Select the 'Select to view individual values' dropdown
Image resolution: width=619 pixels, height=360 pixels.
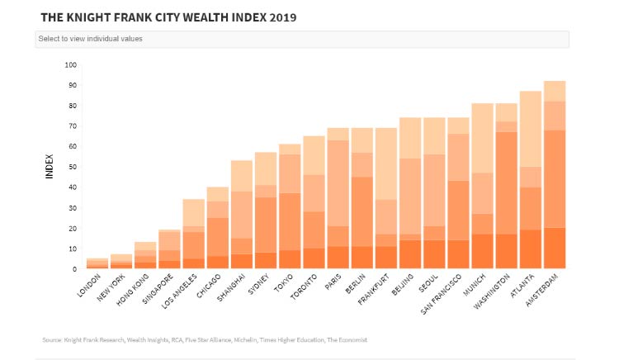click(x=302, y=39)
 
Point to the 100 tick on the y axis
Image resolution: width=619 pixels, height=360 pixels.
click(x=71, y=64)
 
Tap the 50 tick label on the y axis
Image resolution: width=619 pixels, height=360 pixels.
click(x=73, y=167)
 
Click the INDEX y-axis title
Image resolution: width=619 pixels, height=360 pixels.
click(x=50, y=166)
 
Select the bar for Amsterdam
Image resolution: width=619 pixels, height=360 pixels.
click(x=555, y=175)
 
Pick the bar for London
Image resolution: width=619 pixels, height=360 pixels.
click(x=97, y=263)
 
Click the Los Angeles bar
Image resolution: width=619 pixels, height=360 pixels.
click(x=193, y=234)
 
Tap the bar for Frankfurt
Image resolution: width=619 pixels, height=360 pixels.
click(x=385, y=198)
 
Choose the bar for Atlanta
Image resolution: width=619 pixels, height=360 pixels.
click(x=531, y=180)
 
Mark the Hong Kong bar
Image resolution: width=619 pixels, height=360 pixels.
click(x=145, y=255)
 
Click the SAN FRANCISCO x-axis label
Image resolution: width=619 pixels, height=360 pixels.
click(x=441, y=295)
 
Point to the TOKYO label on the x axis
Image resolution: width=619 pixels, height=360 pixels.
click(x=283, y=282)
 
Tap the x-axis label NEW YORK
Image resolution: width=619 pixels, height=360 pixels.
click(x=111, y=288)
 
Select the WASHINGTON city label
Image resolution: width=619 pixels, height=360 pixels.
click(x=492, y=291)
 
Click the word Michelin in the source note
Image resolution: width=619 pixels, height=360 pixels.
click(x=245, y=340)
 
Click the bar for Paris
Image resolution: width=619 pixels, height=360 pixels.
click(x=338, y=198)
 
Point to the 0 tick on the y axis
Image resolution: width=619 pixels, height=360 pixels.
click(x=74, y=269)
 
